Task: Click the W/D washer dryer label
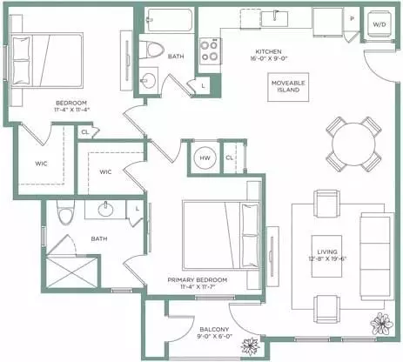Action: click(379, 24)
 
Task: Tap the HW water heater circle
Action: click(205, 158)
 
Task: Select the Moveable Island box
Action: click(288, 87)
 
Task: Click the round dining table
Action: click(353, 144)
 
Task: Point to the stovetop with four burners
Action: click(209, 50)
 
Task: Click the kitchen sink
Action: click(274, 19)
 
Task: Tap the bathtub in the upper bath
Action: click(170, 20)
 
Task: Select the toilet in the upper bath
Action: click(151, 50)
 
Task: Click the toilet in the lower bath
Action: click(65, 212)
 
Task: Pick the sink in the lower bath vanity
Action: click(105, 209)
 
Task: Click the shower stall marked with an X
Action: click(72, 272)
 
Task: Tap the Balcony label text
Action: click(214, 330)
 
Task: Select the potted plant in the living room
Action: click(382, 324)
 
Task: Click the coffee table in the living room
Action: click(326, 256)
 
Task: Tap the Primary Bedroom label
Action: click(198, 280)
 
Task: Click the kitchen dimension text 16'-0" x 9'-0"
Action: click(269, 58)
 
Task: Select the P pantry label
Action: click(352, 19)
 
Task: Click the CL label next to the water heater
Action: click(229, 158)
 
